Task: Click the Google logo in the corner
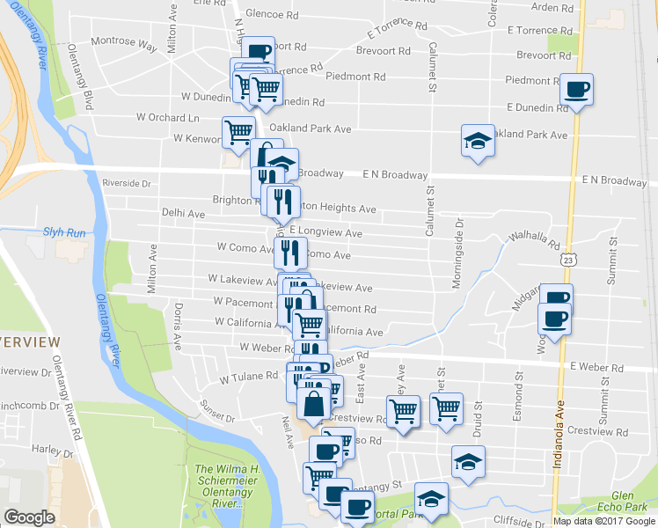coord(30,517)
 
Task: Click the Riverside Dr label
coord(127,183)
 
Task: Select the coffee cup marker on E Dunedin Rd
coord(577,90)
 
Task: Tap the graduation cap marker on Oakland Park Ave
coord(477,141)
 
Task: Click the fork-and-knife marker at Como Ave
coord(290,253)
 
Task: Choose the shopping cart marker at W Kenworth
coord(238,132)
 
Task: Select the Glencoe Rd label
coord(272,14)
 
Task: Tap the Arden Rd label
coord(552,7)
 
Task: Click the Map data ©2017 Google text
coord(603,521)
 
